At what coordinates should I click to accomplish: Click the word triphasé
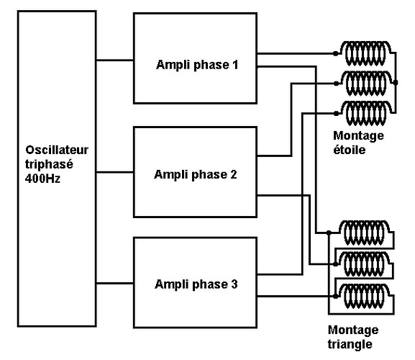[x=47, y=163]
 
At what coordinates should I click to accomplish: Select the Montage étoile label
[x=358, y=143]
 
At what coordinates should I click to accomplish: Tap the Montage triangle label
[x=352, y=338]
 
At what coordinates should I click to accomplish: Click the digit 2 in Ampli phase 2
[x=234, y=174]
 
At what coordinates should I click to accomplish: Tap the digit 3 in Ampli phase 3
[x=234, y=284]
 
